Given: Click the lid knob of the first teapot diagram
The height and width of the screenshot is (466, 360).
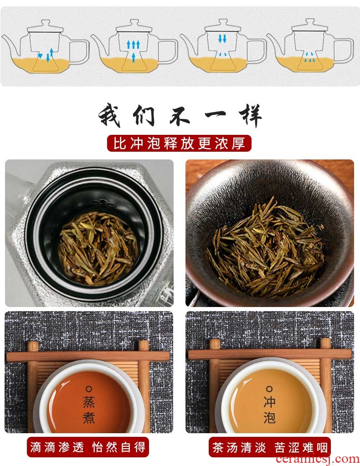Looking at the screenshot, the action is [45, 23].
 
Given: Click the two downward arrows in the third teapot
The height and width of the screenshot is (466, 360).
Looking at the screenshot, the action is [222, 39].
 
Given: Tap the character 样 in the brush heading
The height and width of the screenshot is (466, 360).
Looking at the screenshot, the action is [250, 115].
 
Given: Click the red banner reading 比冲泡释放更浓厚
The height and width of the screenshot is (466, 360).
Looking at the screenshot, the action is [179, 143].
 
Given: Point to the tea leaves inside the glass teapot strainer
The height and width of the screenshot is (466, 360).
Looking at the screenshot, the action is [98, 248].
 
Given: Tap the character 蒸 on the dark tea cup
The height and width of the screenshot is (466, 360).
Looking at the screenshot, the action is [88, 402].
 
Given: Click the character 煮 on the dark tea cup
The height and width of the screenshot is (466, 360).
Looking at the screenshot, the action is [88, 417].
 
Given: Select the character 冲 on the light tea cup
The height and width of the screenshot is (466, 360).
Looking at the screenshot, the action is [269, 402].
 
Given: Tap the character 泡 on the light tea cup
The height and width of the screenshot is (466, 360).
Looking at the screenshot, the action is [269, 417].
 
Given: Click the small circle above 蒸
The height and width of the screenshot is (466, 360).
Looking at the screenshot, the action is [88, 389].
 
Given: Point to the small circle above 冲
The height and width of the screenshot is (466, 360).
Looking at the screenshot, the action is [269, 389].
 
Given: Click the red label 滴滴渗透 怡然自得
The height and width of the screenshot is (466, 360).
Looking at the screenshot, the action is [87, 447].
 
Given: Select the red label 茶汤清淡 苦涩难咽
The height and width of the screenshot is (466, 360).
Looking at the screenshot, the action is [270, 447].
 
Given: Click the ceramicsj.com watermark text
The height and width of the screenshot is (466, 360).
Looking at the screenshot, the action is [318, 460].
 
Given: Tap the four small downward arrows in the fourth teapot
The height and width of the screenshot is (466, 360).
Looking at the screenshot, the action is [310, 57].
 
